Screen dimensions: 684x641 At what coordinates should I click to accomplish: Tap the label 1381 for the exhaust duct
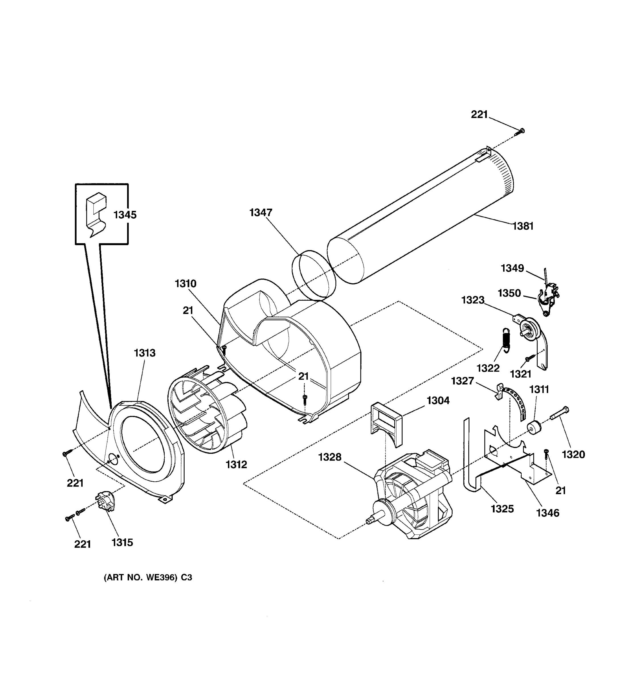pos(523,226)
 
